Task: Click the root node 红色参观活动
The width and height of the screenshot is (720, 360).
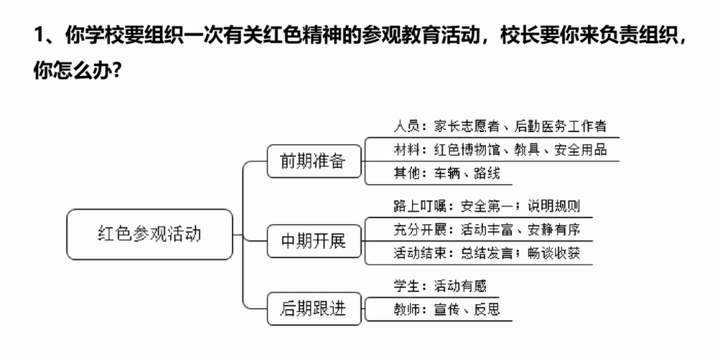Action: click(150, 234)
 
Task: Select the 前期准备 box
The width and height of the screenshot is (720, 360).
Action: click(314, 161)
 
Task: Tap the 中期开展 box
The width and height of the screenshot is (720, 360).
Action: click(314, 240)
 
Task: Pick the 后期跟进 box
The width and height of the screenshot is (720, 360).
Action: click(314, 308)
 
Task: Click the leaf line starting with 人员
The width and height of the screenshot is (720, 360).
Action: click(499, 126)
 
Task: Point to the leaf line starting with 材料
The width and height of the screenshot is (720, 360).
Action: click(499, 149)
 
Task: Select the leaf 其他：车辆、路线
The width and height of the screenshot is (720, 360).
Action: click(446, 173)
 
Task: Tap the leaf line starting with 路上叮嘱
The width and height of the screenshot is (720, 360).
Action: click(486, 207)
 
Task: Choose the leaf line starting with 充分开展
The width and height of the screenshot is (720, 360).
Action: click(486, 230)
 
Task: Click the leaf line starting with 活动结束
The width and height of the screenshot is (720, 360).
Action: click(486, 253)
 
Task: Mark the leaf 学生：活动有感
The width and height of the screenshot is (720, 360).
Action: click(439, 287)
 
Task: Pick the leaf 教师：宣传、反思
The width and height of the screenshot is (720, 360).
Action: click(446, 309)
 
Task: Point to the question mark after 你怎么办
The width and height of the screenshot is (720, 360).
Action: click(116, 70)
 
